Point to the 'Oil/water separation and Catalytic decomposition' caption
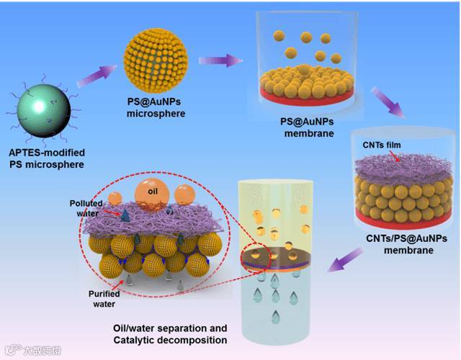[170, 334]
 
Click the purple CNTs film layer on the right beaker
[392, 165]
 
